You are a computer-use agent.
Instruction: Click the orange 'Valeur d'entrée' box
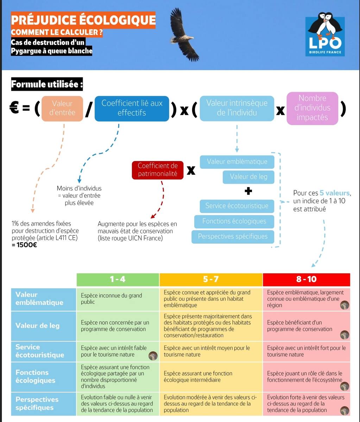pyautogui.click(x=62, y=108)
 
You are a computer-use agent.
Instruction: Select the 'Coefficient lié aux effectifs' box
pyautogui.click(x=132, y=108)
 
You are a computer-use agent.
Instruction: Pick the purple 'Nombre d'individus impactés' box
pyautogui.click(x=312, y=108)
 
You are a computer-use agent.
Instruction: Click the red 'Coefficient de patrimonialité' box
pyautogui.click(x=158, y=170)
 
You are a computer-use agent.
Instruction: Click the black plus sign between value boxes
pyautogui.click(x=248, y=191)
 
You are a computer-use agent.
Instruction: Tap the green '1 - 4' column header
pyautogui.click(x=118, y=279)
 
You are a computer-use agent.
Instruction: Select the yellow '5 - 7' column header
pyautogui.click(x=211, y=279)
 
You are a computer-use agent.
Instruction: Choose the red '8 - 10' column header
pyautogui.click(x=307, y=279)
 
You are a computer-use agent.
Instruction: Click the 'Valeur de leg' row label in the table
pyautogui.click(x=38, y=325)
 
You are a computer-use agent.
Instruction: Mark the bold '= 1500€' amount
pyautogui.click(x=24, y=245)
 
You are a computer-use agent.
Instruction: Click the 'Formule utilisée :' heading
pyautogui.click(x=47, y=84)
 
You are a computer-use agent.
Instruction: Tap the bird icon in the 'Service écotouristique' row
pyautogui.click(x=153, y=356)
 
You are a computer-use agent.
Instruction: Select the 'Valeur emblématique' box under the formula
pyautogui.click(x=237, y=162)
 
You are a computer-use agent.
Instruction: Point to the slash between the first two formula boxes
pyautogui.click(x=89, y=110)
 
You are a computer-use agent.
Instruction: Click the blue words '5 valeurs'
pyautogui.click(x=335, y=193)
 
